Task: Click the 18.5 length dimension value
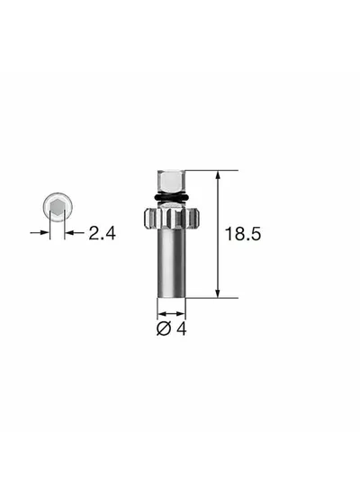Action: point(243,234)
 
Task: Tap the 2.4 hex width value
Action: point(102,233)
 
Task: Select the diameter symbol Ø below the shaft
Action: point(164,328)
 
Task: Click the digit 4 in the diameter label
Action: point(182,328)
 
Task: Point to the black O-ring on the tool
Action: point(172,197)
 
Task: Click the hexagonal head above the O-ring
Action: point(171,182)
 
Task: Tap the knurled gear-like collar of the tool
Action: point(171,218)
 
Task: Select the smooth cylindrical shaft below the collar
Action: point(171,263)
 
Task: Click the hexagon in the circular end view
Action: point(58,207)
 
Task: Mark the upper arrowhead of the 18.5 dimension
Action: point(218,175)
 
